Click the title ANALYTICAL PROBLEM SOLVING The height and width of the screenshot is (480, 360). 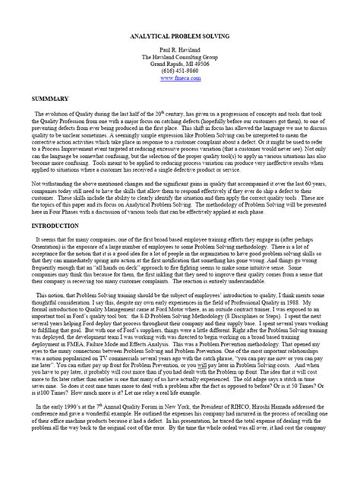[180, 36]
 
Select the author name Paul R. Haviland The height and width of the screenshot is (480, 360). [180, 49]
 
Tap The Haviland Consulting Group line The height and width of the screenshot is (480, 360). [180, 57]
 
